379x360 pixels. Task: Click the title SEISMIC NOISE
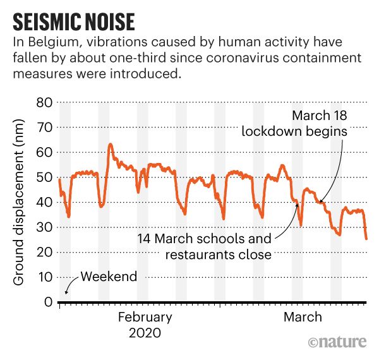74,21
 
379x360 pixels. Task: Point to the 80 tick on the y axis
42,102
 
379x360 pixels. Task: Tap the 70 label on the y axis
42,127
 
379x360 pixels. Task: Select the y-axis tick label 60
42,152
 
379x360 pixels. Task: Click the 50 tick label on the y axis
42,177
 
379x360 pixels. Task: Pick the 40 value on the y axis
42,202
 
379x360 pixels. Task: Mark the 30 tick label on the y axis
42,227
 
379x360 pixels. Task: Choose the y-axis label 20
42,252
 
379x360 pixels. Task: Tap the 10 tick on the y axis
42,277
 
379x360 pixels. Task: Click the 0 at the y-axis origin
46,302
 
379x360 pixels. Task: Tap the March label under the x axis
302,317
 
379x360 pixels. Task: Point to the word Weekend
108,277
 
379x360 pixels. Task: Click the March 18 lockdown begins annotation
312,124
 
